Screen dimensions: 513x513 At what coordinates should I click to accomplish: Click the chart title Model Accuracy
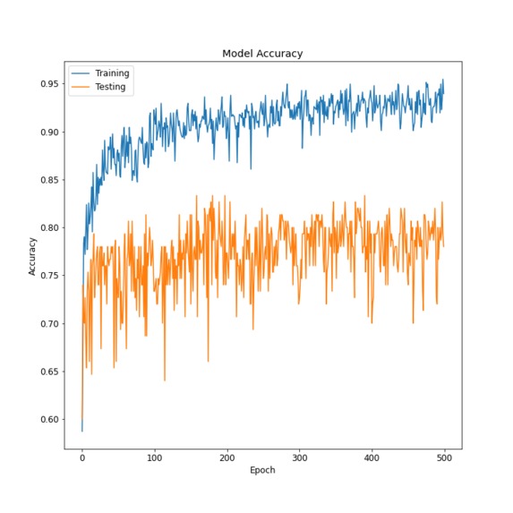(262, 54)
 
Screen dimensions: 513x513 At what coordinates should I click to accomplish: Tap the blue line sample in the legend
(82, 73)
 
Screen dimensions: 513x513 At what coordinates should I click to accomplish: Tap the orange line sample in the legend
(82, 87)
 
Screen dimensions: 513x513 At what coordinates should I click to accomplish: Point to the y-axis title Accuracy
(33, 255)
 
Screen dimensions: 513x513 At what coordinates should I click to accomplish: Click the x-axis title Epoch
(262, 470)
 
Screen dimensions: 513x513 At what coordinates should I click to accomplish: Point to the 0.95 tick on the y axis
(47, 84)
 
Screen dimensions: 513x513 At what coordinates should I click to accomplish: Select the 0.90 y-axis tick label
(47, 133)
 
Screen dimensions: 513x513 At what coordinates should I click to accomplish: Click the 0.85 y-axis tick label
(47, 180)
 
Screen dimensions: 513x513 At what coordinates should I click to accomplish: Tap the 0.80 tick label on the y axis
(47, 228)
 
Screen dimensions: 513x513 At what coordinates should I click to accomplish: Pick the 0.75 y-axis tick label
(47, 276)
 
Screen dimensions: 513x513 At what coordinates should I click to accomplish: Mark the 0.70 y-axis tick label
(47, 324)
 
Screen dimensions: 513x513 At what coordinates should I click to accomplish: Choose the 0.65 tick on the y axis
(47, 372)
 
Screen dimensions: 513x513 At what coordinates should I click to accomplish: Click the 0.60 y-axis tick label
(47, 420)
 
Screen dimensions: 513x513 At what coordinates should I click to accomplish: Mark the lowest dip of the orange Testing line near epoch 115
(165, 380)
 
